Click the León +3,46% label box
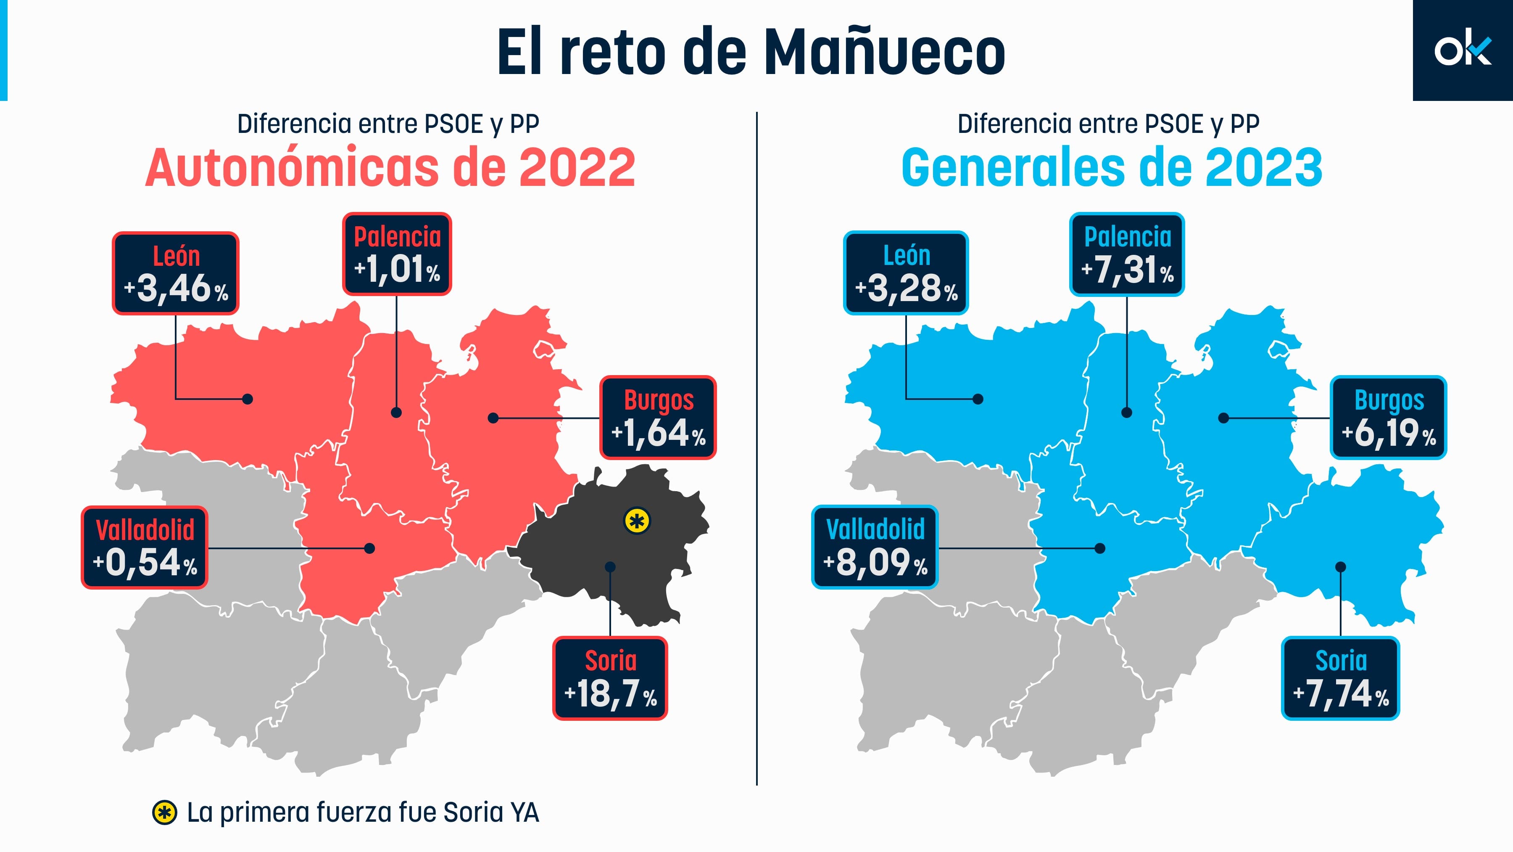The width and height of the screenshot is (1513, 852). [175, 273]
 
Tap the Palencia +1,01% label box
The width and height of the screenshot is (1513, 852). [397, 254]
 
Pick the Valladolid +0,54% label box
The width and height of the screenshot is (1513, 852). [145, 548]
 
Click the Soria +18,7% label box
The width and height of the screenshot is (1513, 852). [610, 678]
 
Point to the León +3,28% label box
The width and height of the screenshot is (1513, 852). [906, 273]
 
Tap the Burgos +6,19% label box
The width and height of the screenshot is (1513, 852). [1389, 417]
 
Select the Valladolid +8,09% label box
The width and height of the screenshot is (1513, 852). [875, 548]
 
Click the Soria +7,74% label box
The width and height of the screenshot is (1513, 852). [1340, 678]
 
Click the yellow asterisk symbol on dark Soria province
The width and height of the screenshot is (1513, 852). [637, 521]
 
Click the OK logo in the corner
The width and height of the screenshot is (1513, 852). [1462, 50]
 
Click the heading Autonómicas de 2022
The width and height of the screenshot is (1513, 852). [390, 168]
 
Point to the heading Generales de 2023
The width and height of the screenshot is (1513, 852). [1111, 168]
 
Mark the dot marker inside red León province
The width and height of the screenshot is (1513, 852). [248, 399]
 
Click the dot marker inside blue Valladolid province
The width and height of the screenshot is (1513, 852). [1100, 548]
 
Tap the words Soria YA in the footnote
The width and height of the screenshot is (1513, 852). [491, 812]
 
